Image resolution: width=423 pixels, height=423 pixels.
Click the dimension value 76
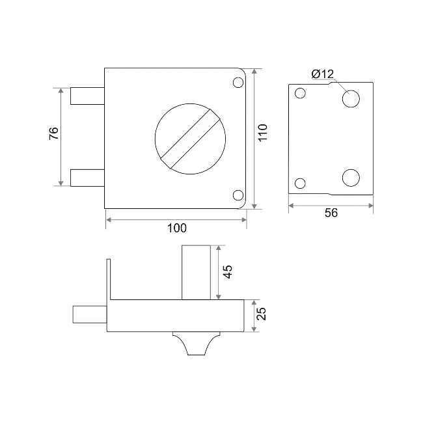pos(54,133)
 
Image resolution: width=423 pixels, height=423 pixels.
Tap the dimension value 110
pos(262,132)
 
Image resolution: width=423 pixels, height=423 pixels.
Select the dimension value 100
pos(177,228)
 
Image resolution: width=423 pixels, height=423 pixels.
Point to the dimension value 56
pos(331,213)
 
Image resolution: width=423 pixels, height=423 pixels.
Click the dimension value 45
pos(228,271)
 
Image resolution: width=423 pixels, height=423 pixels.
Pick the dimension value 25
pos(261,314)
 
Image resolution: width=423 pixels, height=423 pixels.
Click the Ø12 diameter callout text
pos(323,74)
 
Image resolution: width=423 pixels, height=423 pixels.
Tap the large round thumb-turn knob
pos(191,139)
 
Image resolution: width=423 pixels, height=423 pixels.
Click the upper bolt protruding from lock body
pos(87,96)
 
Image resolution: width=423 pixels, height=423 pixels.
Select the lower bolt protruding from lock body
pos(87,178)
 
